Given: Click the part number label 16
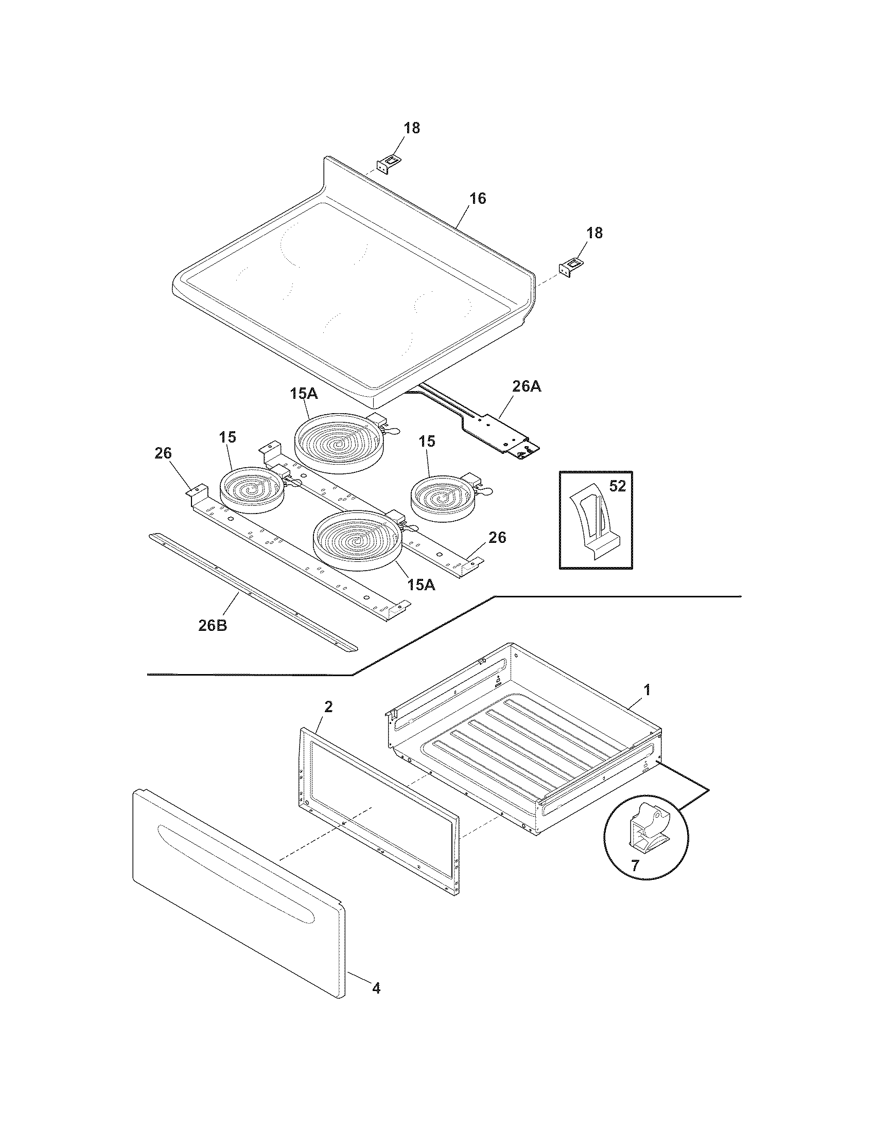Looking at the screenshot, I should (x=478, y=199).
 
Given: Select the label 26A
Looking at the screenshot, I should (x=527, y=386).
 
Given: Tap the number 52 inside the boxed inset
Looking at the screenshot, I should (x=617, y=486).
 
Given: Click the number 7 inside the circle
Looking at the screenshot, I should (x=635, y=864).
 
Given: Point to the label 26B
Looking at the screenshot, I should (x=213, y=626).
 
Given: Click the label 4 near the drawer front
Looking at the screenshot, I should (x=376, y=989).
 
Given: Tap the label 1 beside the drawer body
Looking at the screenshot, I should (x=646, y=690).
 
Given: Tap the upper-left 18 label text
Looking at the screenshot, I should (x=412, y=128).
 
